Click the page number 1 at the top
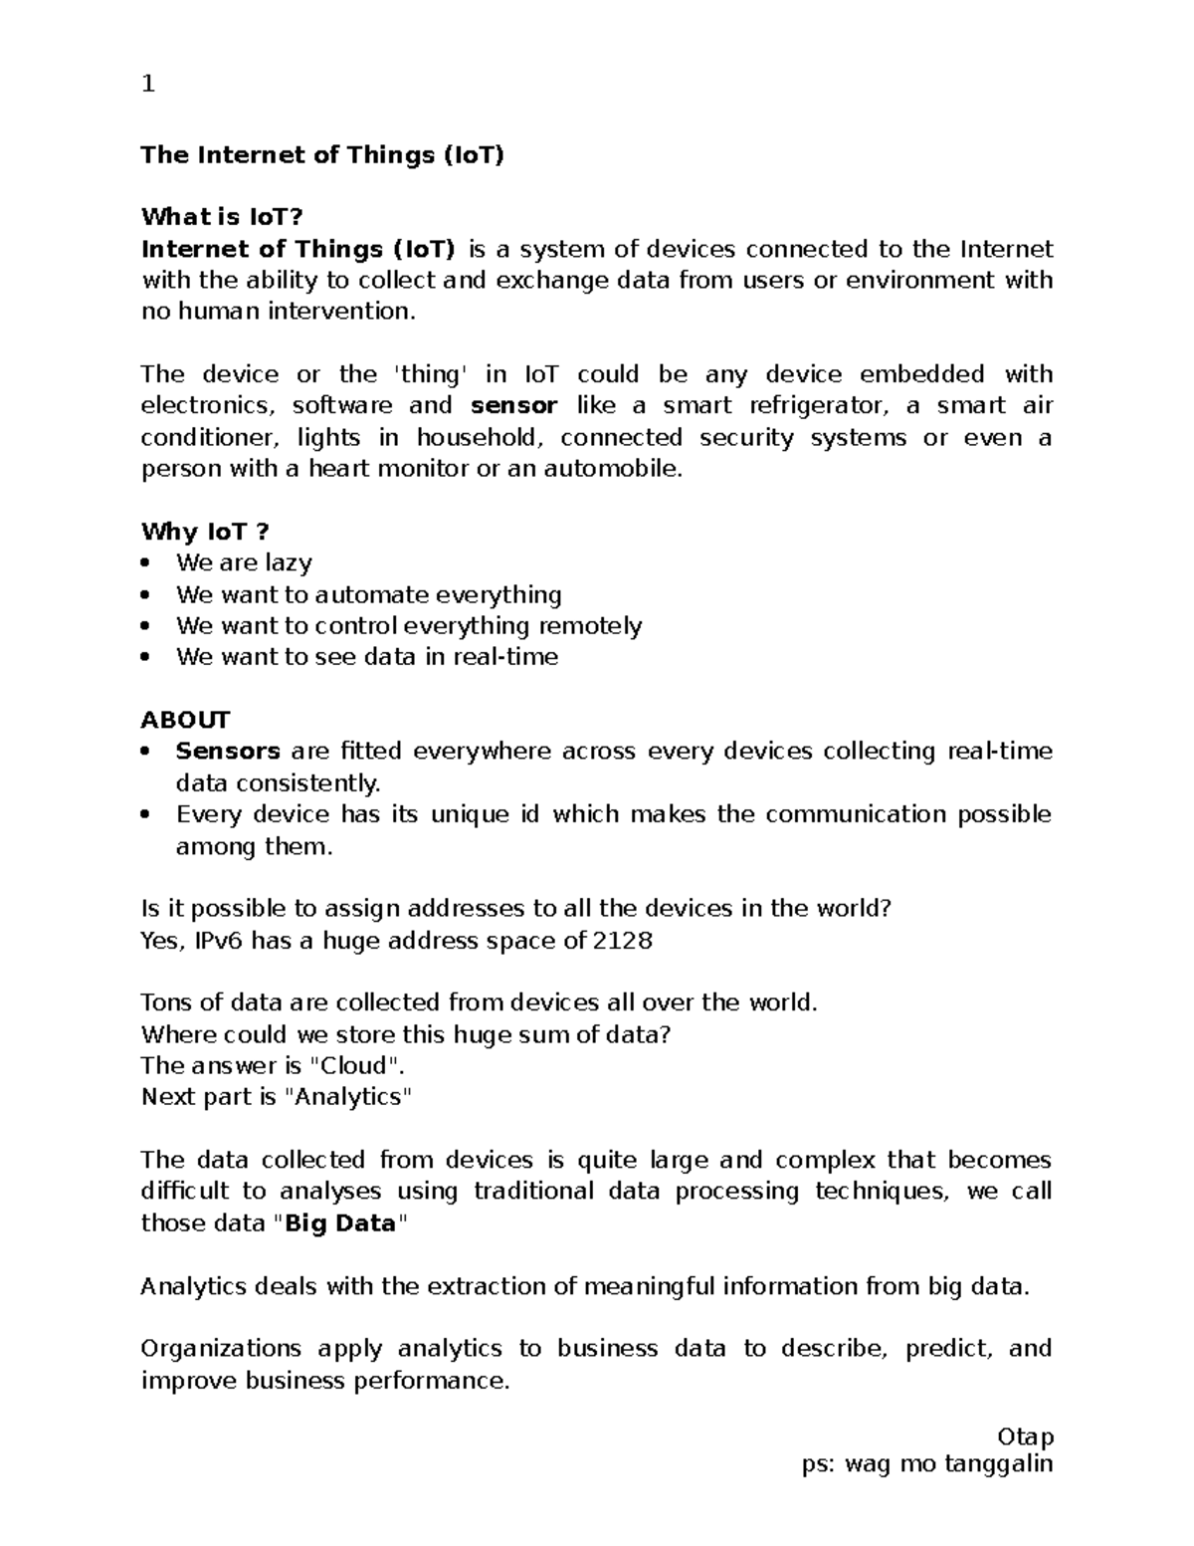(148, 85)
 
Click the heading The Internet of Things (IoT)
(322, 155)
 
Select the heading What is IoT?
(221, 217)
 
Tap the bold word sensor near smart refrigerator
(513, 406)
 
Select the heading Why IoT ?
(205, 532)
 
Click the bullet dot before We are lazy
(147, 563)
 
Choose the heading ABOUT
(185, 720)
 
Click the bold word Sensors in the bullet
(228, 752)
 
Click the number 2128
(623, 941)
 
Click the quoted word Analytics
(347, 1097)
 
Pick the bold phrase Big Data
(340, 1223)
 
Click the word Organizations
(221, 1349)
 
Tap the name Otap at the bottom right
(1025, 1437)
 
